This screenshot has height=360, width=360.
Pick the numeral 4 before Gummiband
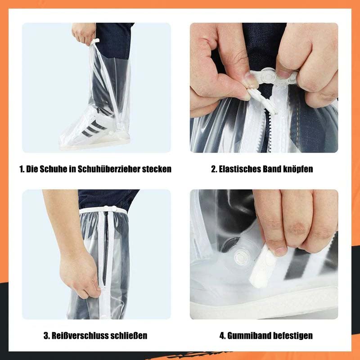pos(222,336)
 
